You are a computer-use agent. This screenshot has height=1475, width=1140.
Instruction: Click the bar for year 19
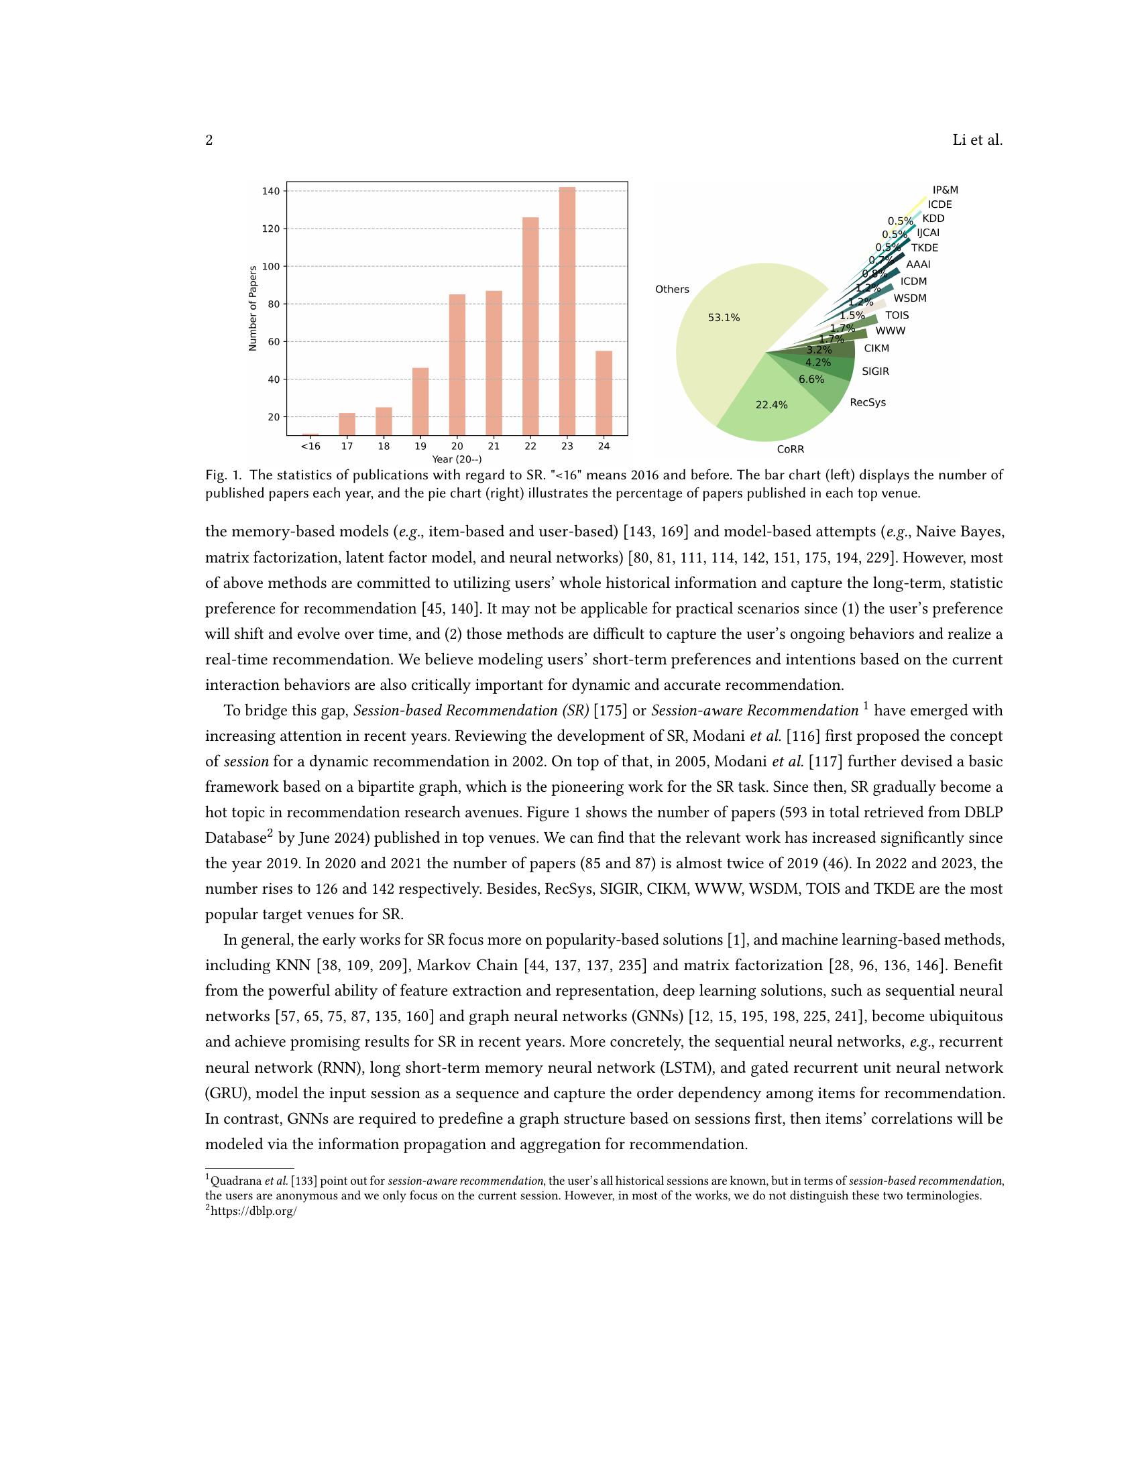point(420,401)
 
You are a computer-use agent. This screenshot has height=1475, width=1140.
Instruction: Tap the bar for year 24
point(604,392)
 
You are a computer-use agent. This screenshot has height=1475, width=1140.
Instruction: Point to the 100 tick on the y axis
point(270,266)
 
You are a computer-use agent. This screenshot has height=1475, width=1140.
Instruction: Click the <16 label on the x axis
point(310,447)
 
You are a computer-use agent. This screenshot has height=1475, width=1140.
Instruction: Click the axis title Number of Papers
point(253,308)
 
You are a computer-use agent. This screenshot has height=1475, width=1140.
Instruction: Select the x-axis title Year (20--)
point(457,459)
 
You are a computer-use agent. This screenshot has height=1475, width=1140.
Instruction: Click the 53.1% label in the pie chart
point(724,317)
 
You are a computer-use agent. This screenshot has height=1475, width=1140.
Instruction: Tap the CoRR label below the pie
point(790,449)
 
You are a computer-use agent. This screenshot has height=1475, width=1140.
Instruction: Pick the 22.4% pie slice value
point(771,405)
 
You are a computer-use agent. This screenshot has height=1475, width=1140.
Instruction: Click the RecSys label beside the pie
point(868,402)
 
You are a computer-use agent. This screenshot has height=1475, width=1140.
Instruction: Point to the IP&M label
point(945,190)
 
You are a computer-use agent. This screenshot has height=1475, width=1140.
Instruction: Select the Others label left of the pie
point(672,289)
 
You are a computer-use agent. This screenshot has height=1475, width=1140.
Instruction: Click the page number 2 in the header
point(209,141)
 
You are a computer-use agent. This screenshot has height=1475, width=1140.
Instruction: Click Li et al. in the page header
point(977,141)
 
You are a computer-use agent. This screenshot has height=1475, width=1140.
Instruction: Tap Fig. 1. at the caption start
point(223,475)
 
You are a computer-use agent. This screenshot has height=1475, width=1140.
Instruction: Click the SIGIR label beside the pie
point(875,371)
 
